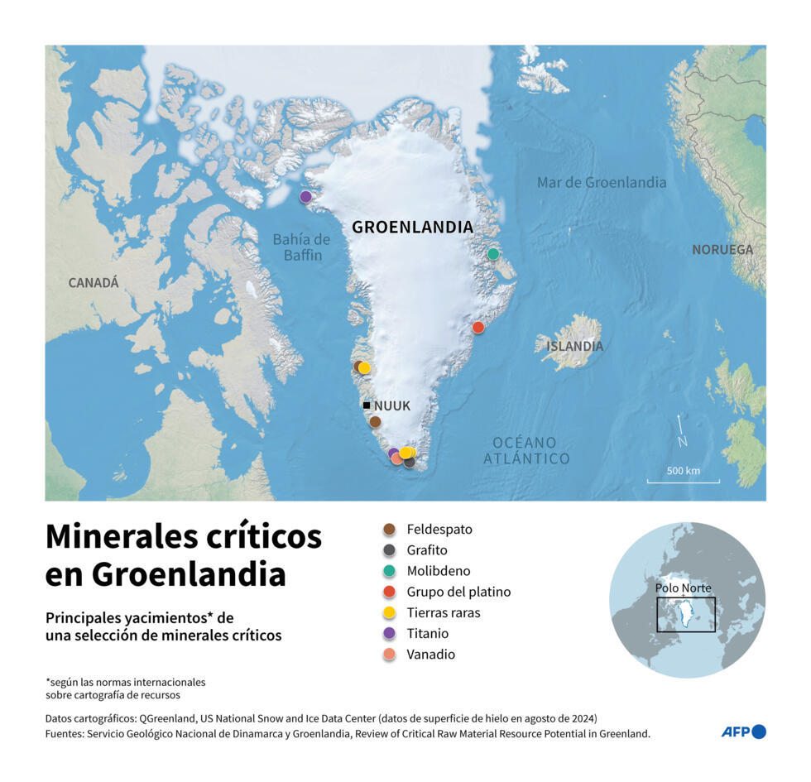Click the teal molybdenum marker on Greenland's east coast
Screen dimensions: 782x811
pyautogui.click(x=493, y=254)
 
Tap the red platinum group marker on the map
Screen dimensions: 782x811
pyautogui.click(x=477, y=328)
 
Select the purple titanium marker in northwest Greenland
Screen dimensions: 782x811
pyautogui.click(x=305, y=197)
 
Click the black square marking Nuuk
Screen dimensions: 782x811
pyautogui.click(x=366, y=405)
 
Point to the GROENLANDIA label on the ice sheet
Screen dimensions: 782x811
pyautogui.click(x=412, y=227)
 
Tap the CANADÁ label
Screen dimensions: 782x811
pyautogui.click(x=94, y=283)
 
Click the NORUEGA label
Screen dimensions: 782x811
pyautogui.click(x=722, y=249)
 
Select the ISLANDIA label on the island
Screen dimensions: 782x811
pyautogui.click(x=574, y=346)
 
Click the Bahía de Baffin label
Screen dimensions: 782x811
pyautogui.click(x=301, y=247)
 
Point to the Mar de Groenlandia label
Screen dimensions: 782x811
pyautogui.click(x=601, y=183)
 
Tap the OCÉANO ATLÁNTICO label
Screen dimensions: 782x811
pyautogui.click(x=526, y=451)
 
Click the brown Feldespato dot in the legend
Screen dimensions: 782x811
pyautogui.click(x=389, y=530)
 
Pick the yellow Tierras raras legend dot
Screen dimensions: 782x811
pyautogui.click(x=389, y=613)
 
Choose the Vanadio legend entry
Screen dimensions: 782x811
pyautogui.click(x=430, y=655)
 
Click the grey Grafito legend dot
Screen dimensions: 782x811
pyautogui.click(x=389, y=550)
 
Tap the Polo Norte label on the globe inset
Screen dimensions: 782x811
pyautogui.click(x=683, y=588)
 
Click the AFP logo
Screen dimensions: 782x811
pyautogui.click(x=743, y=732)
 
